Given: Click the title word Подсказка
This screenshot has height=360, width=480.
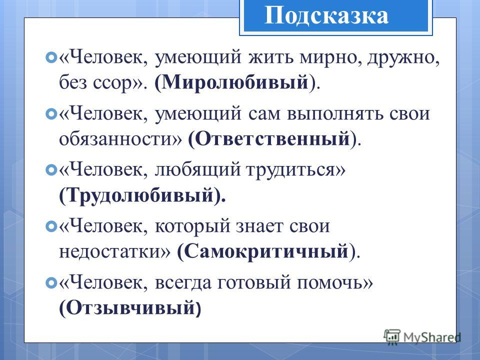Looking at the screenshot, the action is click(x=326, y=15).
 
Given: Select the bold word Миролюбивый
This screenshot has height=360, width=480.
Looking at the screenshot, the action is click(x=235, y=82).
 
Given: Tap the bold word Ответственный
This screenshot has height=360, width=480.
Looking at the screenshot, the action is click(x=272, y=138).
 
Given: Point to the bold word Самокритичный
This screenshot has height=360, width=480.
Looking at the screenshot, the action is click(x=266, y=251).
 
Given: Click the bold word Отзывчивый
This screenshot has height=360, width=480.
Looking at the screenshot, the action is click(x=130, y=307).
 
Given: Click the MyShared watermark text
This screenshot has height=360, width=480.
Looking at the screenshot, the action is click(x=432, y=337).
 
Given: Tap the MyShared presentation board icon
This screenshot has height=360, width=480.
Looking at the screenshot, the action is click(x=392, y=336).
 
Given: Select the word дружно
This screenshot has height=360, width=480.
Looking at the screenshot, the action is click(x=400, y=57).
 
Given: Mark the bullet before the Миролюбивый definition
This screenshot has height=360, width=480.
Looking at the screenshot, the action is click(x=51, y=57).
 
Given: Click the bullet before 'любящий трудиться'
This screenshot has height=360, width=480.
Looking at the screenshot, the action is click(x=51, y=170).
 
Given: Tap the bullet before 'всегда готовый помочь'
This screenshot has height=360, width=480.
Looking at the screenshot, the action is click(x=51, y=282).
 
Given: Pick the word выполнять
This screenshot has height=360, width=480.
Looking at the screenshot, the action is click(x=335, y=114).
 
